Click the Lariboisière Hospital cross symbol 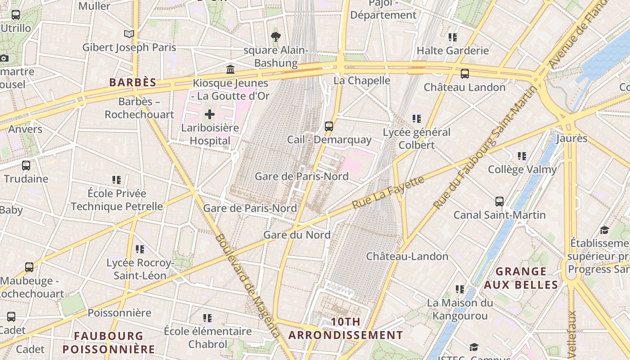tap(210, 114)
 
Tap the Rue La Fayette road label tap(388, 193)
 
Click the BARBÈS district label tap(133, 82)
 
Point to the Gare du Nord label tap(297, 235)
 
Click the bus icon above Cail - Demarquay tap(329, 126)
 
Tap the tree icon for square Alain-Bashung tap(275, 36)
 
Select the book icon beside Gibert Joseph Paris tap(129, 34)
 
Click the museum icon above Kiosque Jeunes tap(230, 69)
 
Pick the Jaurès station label tap(571, 138)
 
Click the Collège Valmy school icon tap(522, 156)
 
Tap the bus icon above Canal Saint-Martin tap(499, 201)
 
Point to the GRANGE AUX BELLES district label tap(521, 278)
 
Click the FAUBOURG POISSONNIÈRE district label tap(108, 342)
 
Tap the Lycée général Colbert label tap(417, 139)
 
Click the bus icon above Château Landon tap(465, 73)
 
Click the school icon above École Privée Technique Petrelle tap(117, 180)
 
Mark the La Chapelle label tap(362, 81)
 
